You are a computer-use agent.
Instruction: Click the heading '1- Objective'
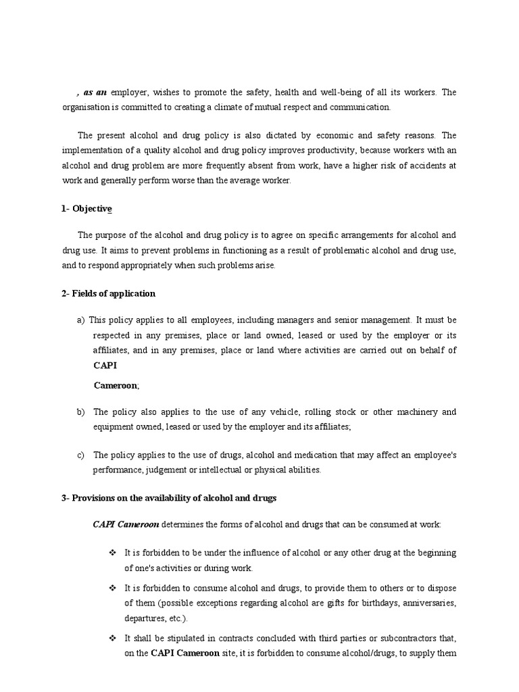[x=86, y=209]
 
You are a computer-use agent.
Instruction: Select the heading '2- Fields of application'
[x=108, y=293]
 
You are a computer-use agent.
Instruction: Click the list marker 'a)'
[x=81, y=320]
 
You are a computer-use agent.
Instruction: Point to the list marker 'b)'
[x=81, y=412]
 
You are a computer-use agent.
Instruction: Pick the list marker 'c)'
[x=81, y=455]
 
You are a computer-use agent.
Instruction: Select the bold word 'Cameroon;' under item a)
[x=116, y=385]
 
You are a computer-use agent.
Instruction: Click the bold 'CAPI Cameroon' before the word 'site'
[x=185, y=653]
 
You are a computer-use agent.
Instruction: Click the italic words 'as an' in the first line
[x=95, y=92]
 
